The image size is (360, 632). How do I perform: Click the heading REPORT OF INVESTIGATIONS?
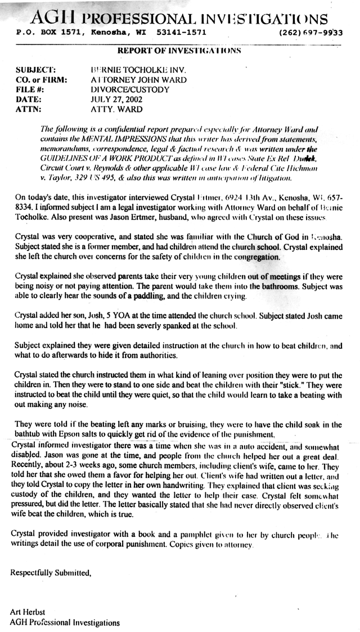[179, 51]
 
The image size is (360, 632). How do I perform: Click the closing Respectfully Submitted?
[51, 572]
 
